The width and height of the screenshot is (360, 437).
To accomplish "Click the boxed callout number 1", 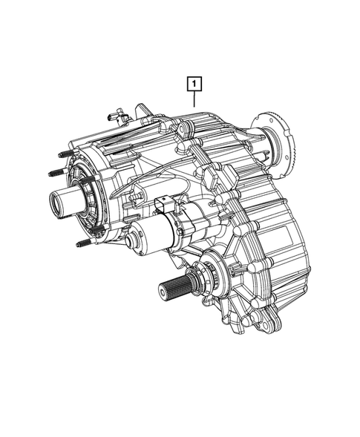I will click(193, 84).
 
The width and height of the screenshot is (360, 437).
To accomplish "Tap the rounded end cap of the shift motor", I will click(133, 238).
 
